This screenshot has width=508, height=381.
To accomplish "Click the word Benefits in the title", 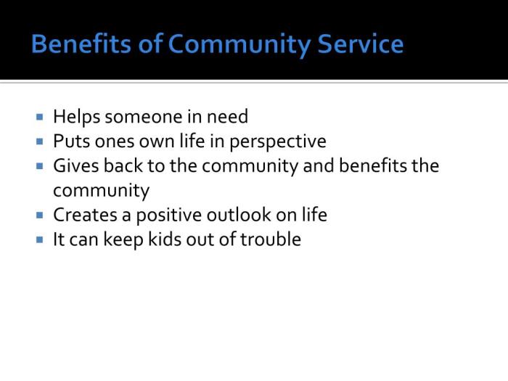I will click(x=75, y=44).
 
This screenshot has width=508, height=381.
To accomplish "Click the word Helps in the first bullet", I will click(x=76, y=117).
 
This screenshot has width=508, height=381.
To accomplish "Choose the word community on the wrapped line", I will click(x=101, y=191).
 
